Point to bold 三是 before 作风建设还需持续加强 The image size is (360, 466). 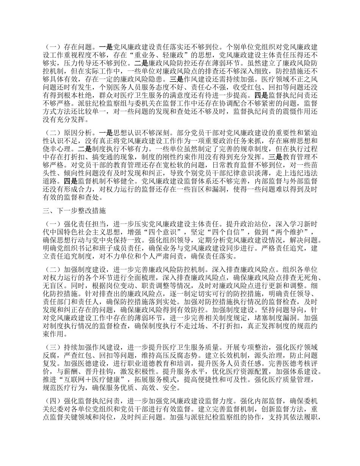click(x=177, y=80)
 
